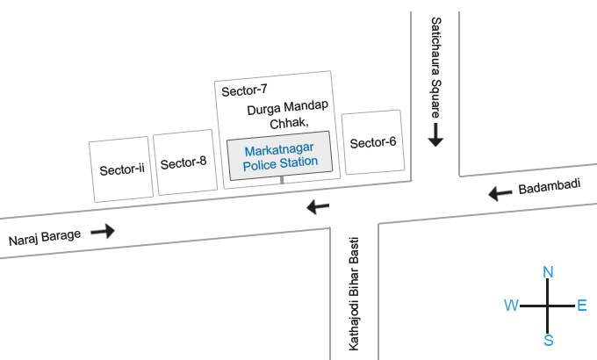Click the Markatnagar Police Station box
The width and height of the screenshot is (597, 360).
click(x=280, y=155)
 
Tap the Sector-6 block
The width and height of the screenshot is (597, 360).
click(x=372, y=142)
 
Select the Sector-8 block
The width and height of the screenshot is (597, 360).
click(x=184, y=162)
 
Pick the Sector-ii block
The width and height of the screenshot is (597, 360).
click(x=121, y=169)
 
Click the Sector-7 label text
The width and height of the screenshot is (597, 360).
click(x=244, y=90)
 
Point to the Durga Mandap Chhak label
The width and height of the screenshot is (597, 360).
click(x=287, y=115)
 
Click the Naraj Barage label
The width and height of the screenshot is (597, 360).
click(x=44, y=237)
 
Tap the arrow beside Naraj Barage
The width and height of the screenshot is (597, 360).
click(x=103, y=231)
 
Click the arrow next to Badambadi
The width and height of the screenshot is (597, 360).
click(x=500, y=193)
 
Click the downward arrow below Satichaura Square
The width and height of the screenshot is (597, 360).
click(x=435, y=134)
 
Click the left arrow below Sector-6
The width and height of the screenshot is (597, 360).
click(x=317, y=207)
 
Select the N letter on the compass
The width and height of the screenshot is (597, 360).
click(x=548, y=272)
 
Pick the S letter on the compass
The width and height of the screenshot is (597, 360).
click(x=548, y=340)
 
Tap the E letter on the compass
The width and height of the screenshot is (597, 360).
click(x=582, y=306)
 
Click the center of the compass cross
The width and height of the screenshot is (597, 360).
click(x=548, y=306)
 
